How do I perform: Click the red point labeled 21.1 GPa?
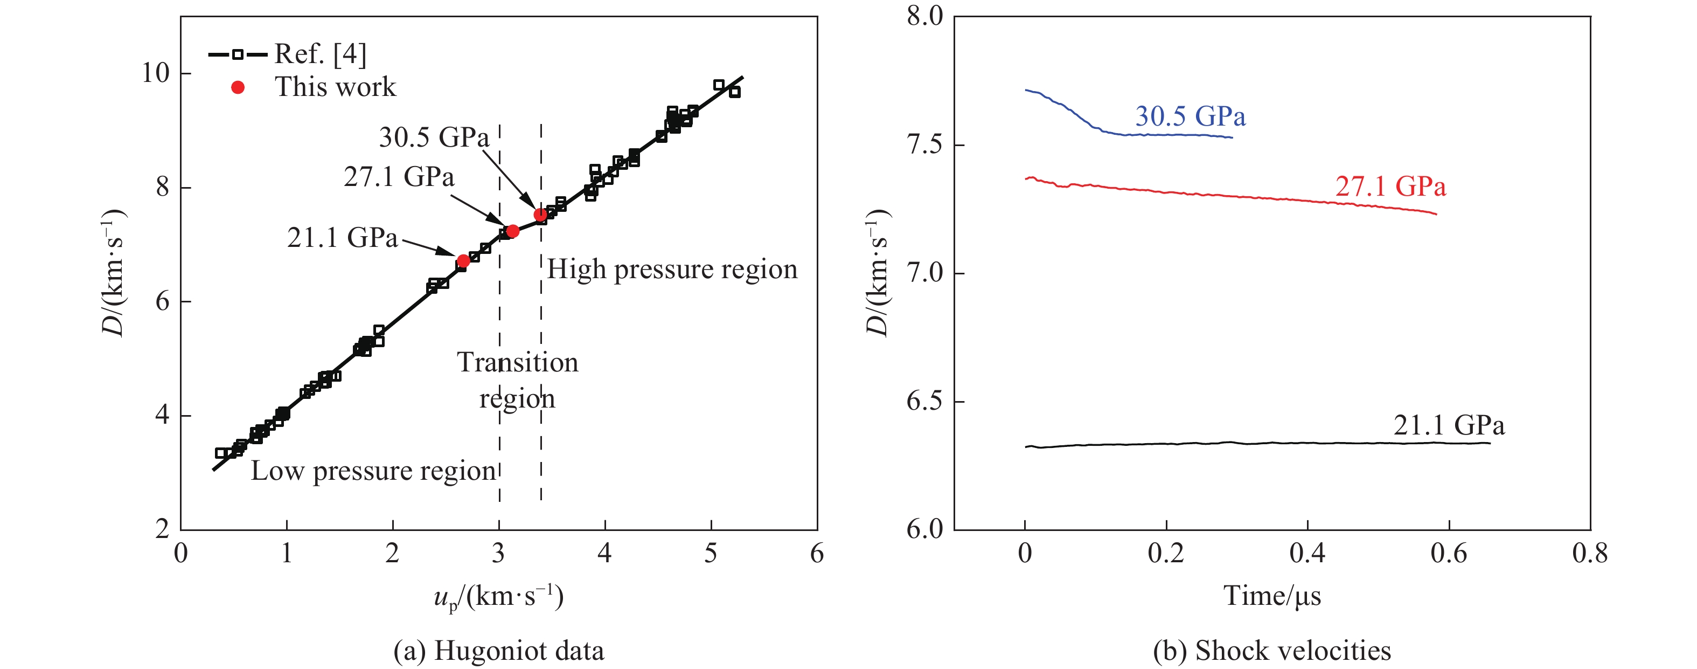[x=463, y=261]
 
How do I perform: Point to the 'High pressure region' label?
[x=672, y=270]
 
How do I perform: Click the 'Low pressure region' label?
[x=373, y=471]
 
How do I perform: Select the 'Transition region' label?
[x=517, y=380]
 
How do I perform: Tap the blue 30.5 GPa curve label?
[x=1190, y=116]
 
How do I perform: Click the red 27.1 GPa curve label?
[x=1390, y=187]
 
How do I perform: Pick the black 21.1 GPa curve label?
[x=1449, y=425]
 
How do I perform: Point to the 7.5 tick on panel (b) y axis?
[x=924, y=145]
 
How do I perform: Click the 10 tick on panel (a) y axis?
[x=156, y=73]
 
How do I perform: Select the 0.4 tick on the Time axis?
[x=1307, y=553]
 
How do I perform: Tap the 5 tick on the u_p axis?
[x=710, y=553]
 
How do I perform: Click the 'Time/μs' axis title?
[x=1271, y=596]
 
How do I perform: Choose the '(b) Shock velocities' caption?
[x=1271, y=651]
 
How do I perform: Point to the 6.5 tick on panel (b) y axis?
[x=924, y=402]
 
